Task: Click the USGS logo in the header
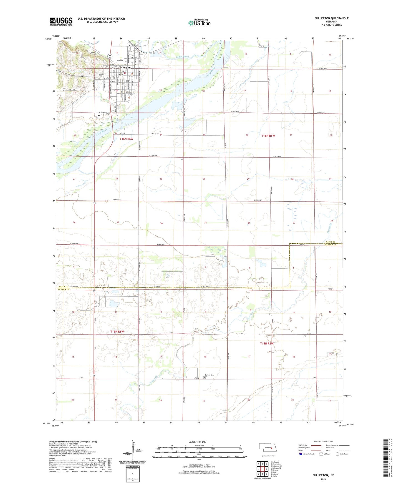(x=61, y=21)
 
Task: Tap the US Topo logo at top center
(x=199, y=23)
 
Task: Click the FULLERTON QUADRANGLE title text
(x=331, y=18)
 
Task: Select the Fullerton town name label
(x=125, y=67)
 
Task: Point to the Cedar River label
(x=182, y=57)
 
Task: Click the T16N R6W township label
(x=127, y=139)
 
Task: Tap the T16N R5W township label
(x=268, y=136)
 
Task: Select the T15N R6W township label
(x=117, y=332)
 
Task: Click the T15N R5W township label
(x=267, y=344)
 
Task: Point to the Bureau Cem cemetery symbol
(x=205, y=378)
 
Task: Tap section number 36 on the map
(x=161, y=223)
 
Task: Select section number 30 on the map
(x=204, y=179)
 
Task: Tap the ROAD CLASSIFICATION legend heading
(x=323, y=441)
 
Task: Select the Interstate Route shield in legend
(x=301, y=454)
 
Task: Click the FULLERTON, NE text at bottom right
(x=323, y=475)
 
